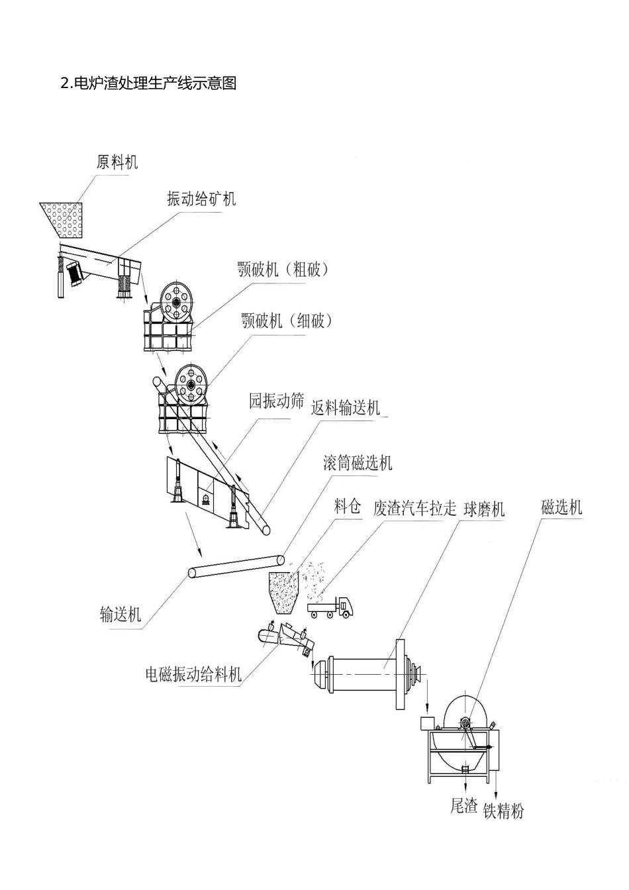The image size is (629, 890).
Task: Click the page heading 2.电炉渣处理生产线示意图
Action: click(x=148, y=83)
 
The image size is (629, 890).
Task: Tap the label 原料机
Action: click(x=117, y=162)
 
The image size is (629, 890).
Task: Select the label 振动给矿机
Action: click(x=201, y=199)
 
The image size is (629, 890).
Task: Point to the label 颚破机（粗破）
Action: click(x=283, y=270)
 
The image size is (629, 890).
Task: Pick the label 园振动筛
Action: click(x=276, y=401)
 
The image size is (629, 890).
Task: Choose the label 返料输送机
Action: click(x=346, y=408)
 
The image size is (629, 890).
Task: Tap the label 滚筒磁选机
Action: click(x=358, y=462)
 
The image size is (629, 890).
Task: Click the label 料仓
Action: click(x=348, y=507)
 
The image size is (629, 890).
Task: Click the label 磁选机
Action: click(x=561, y=507)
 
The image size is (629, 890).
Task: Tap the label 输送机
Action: click(x=121, y=614)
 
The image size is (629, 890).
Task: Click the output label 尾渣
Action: click(x=463, y=806)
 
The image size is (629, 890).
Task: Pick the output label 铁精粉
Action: click(x=503, y=811)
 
